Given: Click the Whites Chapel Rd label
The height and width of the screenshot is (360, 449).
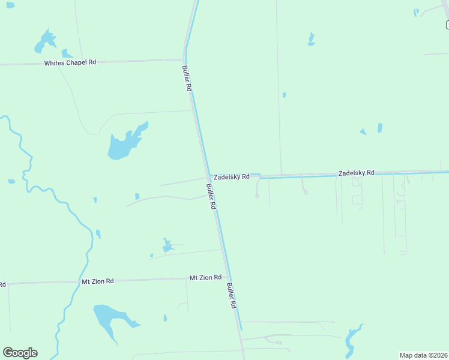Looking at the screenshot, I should tap(70, 62).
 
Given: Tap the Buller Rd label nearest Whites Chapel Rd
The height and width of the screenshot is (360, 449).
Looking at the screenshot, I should tap(187, 78).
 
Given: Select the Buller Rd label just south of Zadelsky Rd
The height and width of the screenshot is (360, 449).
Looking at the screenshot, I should tap(211, 196).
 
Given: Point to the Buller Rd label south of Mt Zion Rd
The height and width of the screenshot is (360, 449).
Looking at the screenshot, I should tap(232, 296).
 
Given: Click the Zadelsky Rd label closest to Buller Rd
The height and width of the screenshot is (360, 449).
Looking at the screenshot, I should tap(232, 176).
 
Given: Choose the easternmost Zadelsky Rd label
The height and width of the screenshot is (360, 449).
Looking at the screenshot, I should tap(356, 172).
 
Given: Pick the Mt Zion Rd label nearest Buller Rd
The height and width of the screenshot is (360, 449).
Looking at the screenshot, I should tap(205, 277).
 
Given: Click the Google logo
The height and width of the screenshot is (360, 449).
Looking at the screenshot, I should tap(20, 352).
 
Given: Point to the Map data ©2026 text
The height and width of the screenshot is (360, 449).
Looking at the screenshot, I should tap(423, 355).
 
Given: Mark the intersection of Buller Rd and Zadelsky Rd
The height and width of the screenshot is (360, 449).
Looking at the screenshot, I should tap(208, 178).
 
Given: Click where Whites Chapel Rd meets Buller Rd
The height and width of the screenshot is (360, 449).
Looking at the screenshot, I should tap(184, 60).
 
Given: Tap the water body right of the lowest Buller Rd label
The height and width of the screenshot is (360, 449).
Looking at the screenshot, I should tap(351, 340).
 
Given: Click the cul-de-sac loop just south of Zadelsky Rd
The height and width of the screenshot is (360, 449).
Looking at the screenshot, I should tap(258, 195).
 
